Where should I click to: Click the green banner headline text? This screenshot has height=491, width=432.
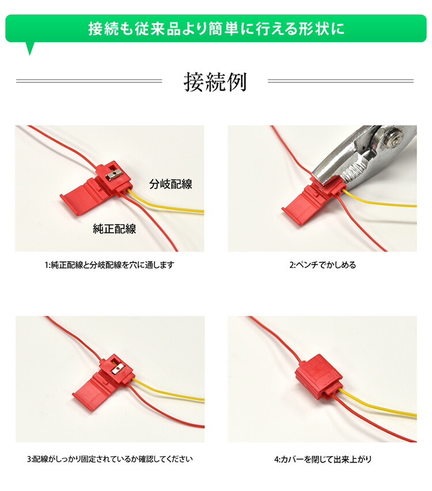[x=216, y=28]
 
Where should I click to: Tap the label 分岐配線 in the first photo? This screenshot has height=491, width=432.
[x=170, y=184]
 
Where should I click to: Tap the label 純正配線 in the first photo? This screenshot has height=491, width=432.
[x=114, y=229]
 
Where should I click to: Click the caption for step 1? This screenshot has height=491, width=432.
[x=109, y=265]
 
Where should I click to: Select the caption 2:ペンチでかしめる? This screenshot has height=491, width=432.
[x=322, y=265]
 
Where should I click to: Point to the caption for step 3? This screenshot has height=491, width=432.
[x=109, y=459]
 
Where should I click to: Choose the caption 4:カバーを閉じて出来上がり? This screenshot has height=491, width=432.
[x=323, y=459]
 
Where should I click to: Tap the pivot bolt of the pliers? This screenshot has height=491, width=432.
[x=397, y=138]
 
